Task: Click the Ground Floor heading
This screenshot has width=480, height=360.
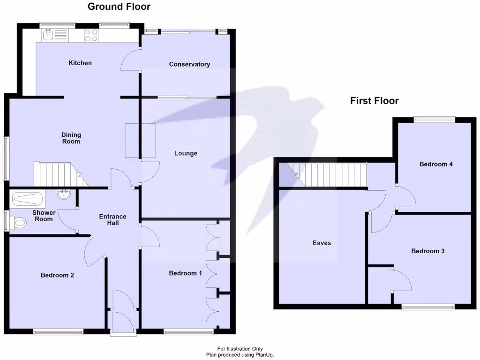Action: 119,7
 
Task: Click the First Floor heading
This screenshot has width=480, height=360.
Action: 374,101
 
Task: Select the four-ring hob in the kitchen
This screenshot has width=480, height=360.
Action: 91,35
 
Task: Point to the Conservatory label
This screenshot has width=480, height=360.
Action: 189,64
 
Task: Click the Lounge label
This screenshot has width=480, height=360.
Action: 186,153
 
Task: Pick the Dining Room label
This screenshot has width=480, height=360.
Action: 71,138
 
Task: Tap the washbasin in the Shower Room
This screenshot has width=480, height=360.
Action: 63,194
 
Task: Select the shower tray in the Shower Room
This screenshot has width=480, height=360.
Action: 28,199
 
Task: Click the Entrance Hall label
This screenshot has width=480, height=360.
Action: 112,219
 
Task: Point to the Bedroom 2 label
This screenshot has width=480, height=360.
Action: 57,275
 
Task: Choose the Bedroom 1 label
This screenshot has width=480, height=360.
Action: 185,273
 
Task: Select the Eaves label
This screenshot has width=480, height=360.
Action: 322,243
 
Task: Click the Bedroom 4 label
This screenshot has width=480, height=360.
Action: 436,164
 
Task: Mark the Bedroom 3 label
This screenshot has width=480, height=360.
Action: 427,251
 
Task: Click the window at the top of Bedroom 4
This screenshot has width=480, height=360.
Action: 434,120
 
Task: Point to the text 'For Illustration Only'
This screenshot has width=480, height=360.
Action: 240,348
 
